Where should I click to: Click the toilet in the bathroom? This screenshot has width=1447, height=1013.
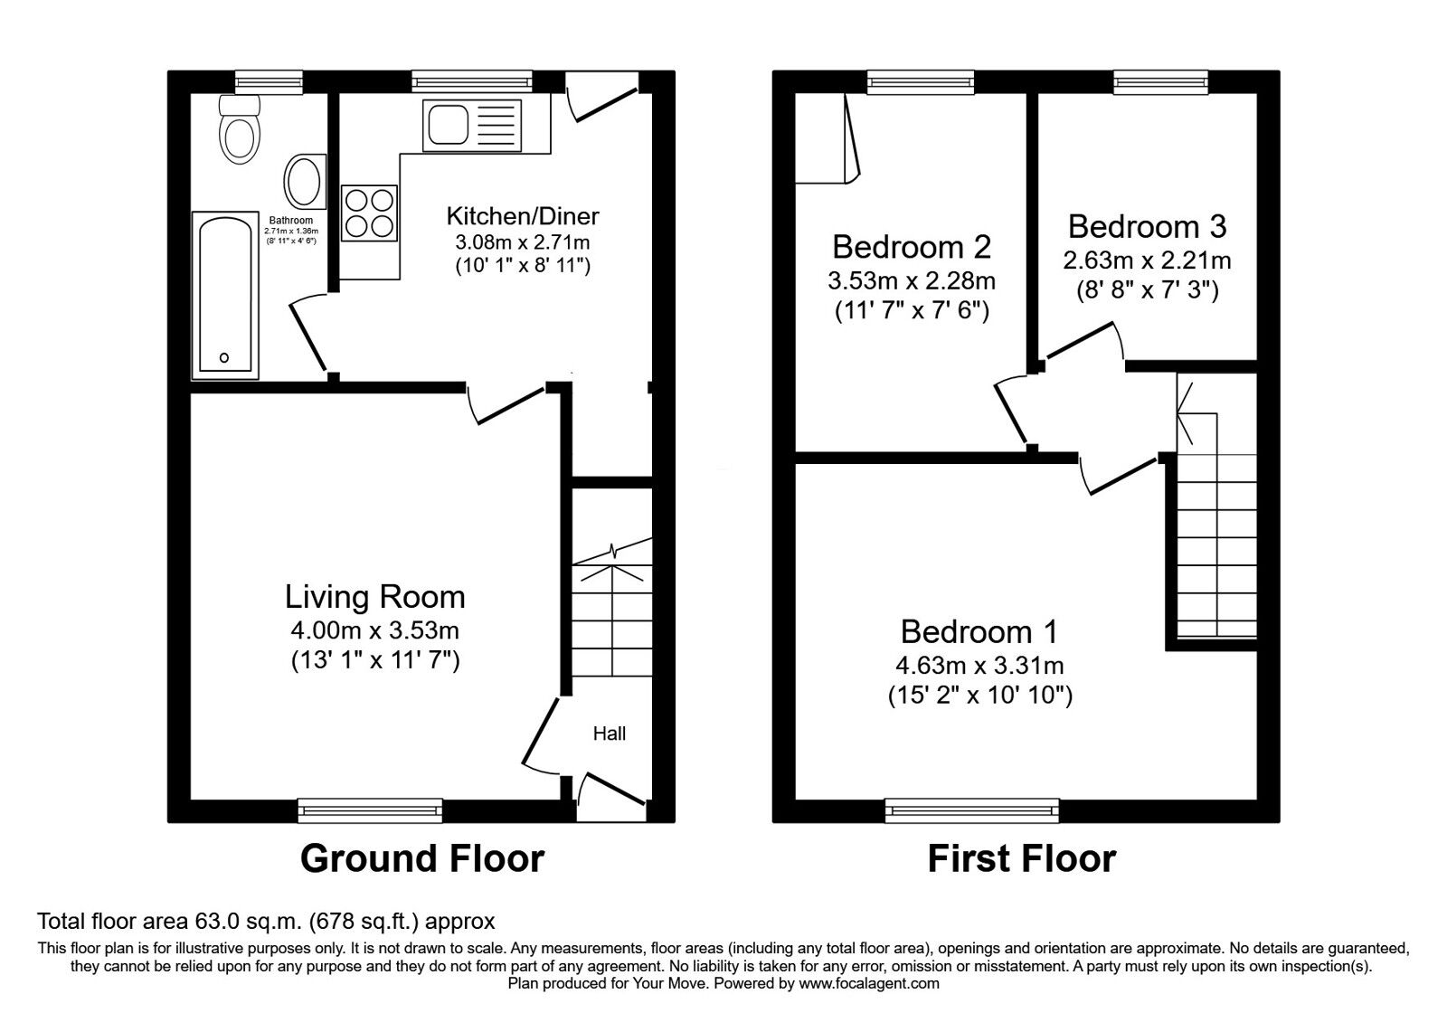[x=240, y=132]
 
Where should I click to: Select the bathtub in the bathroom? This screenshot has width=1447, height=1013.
[x=224, y=295]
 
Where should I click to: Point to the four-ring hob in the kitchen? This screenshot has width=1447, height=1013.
[x=370, y=213]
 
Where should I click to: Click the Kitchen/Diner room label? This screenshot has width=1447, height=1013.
[x=523, y=216]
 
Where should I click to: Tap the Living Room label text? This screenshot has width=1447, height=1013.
[x=374, y=597]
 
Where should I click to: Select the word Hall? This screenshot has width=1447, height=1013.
[x=610, y=734]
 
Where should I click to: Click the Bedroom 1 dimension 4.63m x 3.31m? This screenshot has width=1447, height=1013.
[x=979, y=667]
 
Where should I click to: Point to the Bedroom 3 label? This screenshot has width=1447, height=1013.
[x=1147, y=226]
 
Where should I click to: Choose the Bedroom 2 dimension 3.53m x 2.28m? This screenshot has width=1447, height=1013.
[x=911, y=281]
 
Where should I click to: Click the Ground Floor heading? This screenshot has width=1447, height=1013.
[x=421, y=858]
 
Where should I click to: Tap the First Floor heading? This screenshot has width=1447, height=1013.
[x=1021, y=858]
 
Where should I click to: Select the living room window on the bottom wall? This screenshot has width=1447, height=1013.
[x=370, y=810]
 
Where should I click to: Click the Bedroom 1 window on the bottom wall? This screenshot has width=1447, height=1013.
[x=971, y=810]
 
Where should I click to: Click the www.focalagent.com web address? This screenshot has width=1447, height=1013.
[x=869, y=983]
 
